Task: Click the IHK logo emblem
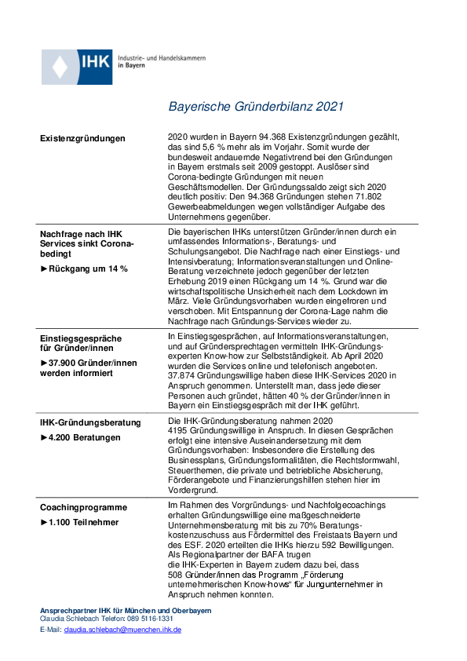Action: [x=76, y=67]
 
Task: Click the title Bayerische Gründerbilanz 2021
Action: [x=255, y=108]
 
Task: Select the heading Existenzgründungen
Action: [x=82, y=138]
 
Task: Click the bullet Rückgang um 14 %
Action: [x=84, y=268]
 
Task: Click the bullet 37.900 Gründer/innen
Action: [x=89, y=363]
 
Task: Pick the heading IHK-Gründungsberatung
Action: [x=90, y=422]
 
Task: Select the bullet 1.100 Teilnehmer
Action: [x=79, y=521]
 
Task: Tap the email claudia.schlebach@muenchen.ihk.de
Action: [x=122, y=630]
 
